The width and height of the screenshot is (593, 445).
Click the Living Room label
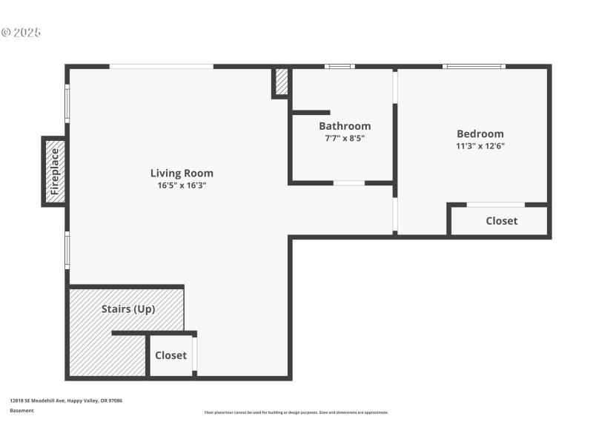[x=182, y=173]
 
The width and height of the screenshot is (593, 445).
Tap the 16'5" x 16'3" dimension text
[x=182, y=185]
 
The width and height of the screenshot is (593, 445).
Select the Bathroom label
[x=345, y=126]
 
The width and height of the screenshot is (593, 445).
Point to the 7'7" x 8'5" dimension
[x=345, y=138]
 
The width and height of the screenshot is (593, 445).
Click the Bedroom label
[x=480, y=133]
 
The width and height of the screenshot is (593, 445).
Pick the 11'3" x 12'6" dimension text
[x=480, y=146]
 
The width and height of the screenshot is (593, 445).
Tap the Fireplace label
[x=54, y=171]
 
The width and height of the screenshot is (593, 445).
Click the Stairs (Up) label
[x=128, y=309]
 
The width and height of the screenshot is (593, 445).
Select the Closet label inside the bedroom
[x=501, y=221]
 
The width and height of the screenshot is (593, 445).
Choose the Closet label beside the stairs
[x=170, y=355]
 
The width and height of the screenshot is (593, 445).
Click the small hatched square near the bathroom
[x=282, y=82]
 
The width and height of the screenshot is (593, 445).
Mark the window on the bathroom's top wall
[x=340, y=67]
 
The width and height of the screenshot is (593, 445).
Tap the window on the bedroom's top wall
[x=474, y=67]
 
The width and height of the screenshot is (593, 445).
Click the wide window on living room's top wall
[x=162, y=67]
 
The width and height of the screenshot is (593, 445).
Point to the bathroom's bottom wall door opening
[x=348, y=182]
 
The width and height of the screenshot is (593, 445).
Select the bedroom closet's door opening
[x=496, y=205]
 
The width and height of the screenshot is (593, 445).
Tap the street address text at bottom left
[x=66, y=400]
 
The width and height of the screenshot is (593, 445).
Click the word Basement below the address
[x=21, y=410]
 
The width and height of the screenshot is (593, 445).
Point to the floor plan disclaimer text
[x=296, y=412]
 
